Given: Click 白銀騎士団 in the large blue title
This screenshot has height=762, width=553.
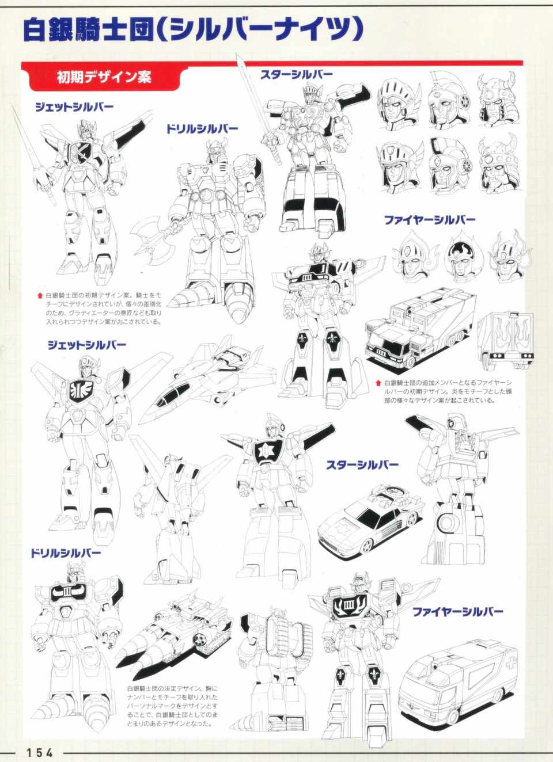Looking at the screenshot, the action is [x=87, y=31].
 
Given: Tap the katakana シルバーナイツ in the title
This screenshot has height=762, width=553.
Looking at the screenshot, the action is [x=260, y=31].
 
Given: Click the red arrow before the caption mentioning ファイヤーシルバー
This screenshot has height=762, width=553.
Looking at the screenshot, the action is [x=378, y=383].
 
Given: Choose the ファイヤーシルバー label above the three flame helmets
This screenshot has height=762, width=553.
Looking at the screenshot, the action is [x=430, y=220].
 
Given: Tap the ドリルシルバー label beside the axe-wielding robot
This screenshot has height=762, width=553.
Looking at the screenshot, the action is [x=202, y=129].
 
